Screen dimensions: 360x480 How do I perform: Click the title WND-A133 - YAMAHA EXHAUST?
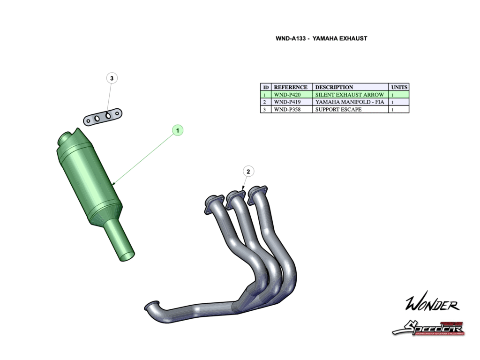pos(321,38)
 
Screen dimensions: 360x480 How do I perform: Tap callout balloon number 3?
pos(112,78)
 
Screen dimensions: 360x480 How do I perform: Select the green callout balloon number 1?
pos(178,130)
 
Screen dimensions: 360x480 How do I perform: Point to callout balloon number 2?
pos(248,171)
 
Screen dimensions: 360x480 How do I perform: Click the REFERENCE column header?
pos(291,87)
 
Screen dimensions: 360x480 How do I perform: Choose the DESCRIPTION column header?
pos(334,87)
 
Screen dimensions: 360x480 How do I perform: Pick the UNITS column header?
pos(399,87)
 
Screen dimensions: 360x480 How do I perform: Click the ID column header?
pos(266,87)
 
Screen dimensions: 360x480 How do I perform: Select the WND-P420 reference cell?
pos(287,95)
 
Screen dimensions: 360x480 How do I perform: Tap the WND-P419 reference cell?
pos(287,102)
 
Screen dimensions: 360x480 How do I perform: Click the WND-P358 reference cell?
pos(287,109)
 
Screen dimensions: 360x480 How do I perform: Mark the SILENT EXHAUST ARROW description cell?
pos(350,95)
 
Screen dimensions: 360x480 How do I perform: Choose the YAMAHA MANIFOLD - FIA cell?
pos(350,102)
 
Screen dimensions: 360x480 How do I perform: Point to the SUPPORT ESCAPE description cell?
pos(338,109)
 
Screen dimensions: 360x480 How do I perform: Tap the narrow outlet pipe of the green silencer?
pos(119,241)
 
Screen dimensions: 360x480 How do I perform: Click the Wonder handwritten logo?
pos(432,305)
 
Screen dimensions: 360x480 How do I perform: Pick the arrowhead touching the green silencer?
pos(114,182)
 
